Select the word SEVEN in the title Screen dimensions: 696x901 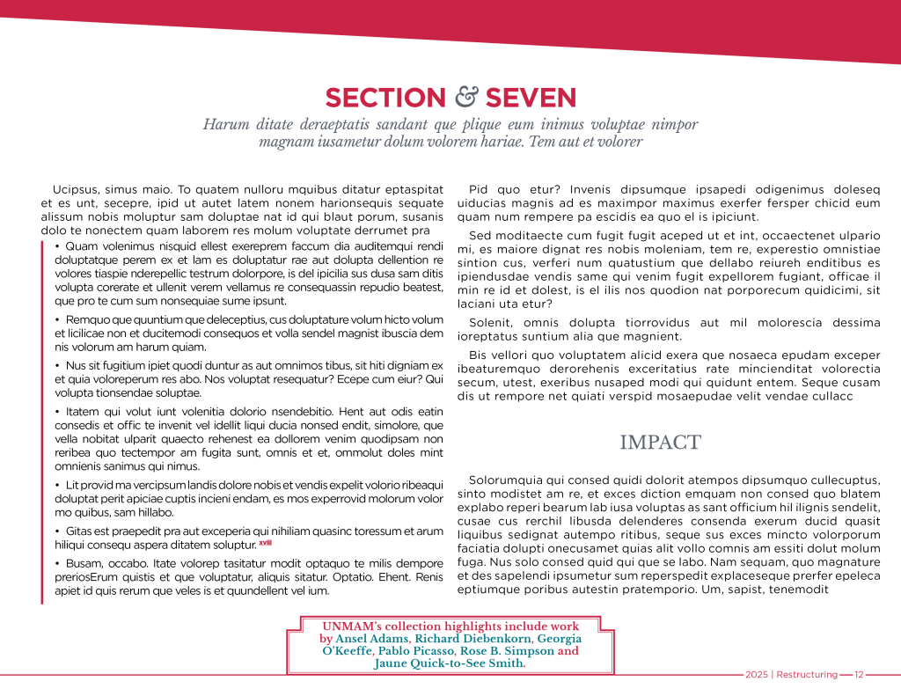(x=531, y=98)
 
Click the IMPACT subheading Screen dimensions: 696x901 (x=660, y=443)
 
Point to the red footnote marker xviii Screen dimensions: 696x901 (x=265, y=543)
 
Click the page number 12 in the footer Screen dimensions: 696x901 (x=859, y=675)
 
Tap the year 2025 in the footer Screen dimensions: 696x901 (x=756, y=675)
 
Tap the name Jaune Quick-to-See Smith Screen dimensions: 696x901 (x=449, y=663)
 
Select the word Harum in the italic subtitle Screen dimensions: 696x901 (x=221, y=124)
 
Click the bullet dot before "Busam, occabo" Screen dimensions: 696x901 (x=57, y=563)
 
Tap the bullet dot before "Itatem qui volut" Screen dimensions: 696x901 (x=57, y=412)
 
